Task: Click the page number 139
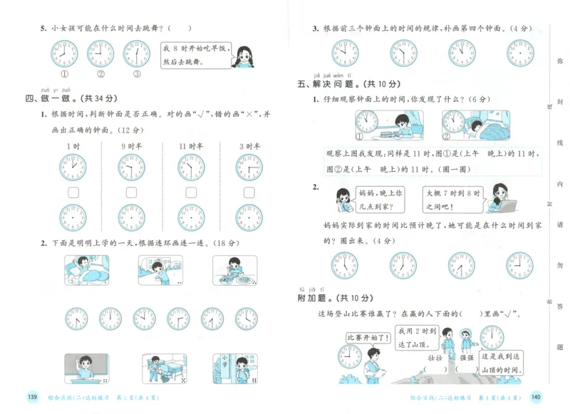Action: click(31, 397)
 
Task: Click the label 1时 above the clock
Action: click(73, 146)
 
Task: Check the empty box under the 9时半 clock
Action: click(132, 192)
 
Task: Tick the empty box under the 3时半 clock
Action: click(249, 192)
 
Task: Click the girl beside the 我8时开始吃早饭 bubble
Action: click(244, 55)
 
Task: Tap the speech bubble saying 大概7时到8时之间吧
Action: click(453, 197)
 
